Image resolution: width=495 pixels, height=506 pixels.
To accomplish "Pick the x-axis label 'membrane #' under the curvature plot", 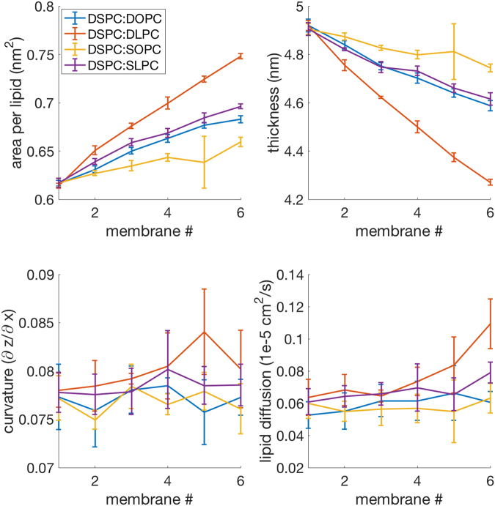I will pos(139,496).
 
